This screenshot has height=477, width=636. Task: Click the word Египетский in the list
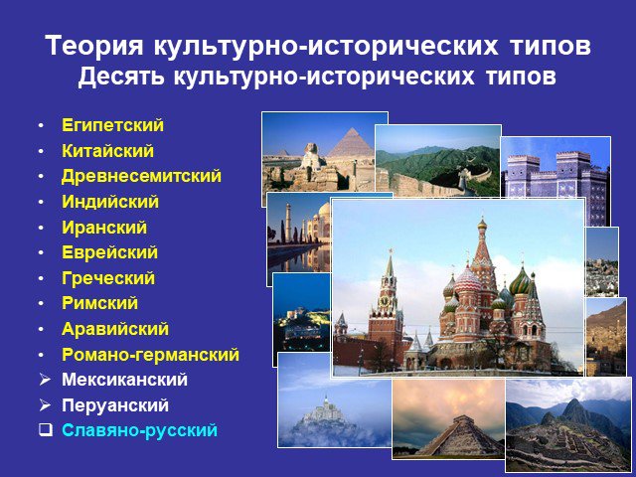pyautogui.click(x=112, y=125)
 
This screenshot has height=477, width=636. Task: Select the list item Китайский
pyautogui.click(x=107, y=151)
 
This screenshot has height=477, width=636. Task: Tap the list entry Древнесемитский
pyautogui.click(x=141, y=176)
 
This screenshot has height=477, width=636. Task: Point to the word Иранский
pyautogui.click(x=104, y=228)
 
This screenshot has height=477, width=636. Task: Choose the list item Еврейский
pyautogui.click(x=109, y=252)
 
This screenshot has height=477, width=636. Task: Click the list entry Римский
pyautogui.click(x=99, y=303)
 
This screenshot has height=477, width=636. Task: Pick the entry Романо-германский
pyautogui.click(x=150, y=355)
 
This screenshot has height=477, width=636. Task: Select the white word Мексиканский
pyautogui.click(x=124, y=380)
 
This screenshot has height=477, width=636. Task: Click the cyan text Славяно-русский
pyautogui.click(x=139, y=430)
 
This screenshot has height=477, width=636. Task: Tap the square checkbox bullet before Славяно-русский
pyautogui.click(x=46, y=430)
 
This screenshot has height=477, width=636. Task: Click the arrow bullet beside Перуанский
pyautogui.click(x=45, y=404)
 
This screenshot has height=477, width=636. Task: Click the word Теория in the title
pyautogui.click(x=94, y=46)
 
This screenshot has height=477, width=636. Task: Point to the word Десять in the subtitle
pyautogui.click(x=121, y=76)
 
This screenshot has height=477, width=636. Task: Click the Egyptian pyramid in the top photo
pyautogui.click(x=351, y=143)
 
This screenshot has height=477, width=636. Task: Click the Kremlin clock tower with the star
pyautogui.click(x=387, y=308)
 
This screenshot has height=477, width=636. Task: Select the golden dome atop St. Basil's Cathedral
pyautogui.click(x=482, y=224)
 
